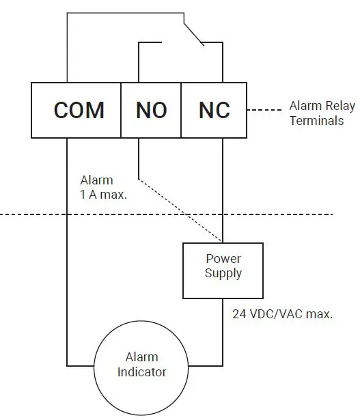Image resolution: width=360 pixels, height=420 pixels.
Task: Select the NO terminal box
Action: click(x=151, y=110)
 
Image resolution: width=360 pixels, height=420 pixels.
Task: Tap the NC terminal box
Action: click(x=213, y=110)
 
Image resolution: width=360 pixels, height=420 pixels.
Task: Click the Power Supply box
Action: click(x=223, y=270)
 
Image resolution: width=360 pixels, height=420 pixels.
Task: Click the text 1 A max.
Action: click(x=105, y=194)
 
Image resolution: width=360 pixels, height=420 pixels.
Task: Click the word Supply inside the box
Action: click(x=223, y=274)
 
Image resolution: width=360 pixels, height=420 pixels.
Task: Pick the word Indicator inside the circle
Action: click(x=141, y=372)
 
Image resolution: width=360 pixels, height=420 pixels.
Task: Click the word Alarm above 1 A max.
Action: click(x=96, y=180)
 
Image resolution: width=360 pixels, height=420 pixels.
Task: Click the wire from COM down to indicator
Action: click(x=67, y=273)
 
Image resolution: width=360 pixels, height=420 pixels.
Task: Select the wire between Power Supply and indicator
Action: click(x=223, y=335)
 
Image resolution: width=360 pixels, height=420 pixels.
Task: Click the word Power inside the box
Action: click(x=223, y=260)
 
